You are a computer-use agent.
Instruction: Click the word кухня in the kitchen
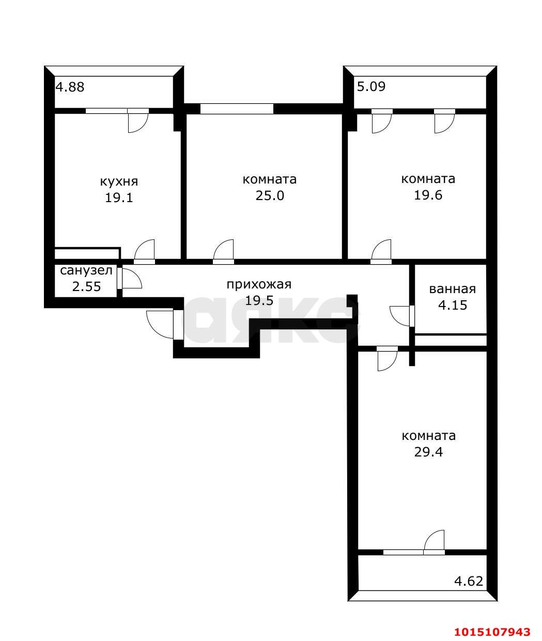(119, 181)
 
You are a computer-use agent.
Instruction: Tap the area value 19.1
(119, 197)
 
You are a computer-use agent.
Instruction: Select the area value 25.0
(270, 195)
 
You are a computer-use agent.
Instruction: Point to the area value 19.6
(428, 195)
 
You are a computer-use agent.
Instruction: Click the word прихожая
(259, 284)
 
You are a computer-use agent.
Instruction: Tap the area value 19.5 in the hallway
(259, 300)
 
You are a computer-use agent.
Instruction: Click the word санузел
(86, 270)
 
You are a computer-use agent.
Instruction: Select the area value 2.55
(86, 286)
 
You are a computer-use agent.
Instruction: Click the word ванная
(452, 289)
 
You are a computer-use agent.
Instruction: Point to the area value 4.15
(452, 305)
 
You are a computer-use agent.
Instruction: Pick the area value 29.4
(428, 452)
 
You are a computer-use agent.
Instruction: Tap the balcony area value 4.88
(70, 87)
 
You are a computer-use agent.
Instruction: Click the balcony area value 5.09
(371, 86)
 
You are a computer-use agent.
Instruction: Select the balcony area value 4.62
(468, 581)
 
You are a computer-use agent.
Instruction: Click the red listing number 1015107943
(492, 632)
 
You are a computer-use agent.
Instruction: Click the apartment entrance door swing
(161, 324)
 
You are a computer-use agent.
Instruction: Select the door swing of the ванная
(400, 316)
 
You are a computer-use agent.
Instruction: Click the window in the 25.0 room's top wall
(237, 109)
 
